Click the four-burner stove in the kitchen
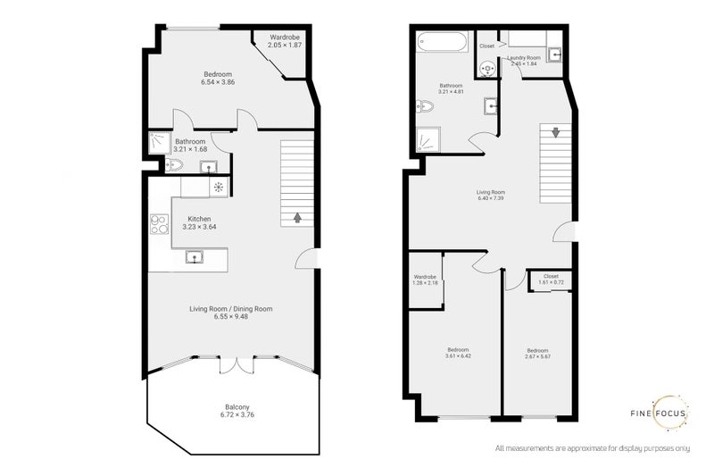pos(159,224)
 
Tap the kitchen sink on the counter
pos(194,258)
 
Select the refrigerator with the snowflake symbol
pos(218,187)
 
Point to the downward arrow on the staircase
pos(556,132)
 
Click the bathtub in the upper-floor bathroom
pos(441,43)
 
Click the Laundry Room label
pos(525,61)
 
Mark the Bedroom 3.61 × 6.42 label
pos(457,353)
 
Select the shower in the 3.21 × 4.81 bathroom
pos(428,140)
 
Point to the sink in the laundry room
pos(555,54)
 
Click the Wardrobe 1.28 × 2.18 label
pos(425,280)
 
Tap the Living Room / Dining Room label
pos(230,312)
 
